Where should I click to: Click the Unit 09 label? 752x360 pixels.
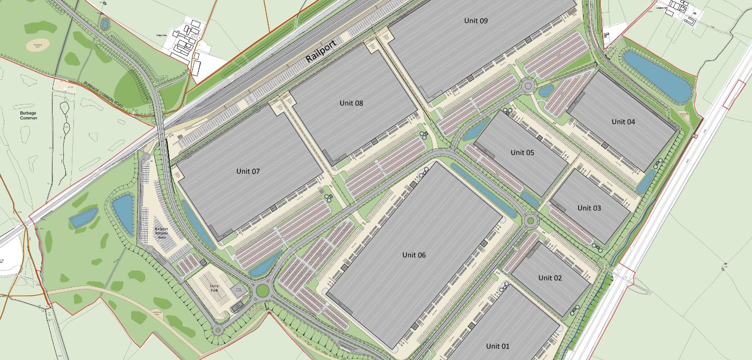pos(476,21)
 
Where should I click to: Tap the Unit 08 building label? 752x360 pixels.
pos(351,103)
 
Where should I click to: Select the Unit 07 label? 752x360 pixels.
pos(248,171)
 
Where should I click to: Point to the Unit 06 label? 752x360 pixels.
pos(414,255)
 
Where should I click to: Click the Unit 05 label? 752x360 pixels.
pos(522,153)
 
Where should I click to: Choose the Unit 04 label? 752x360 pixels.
pos(623,122)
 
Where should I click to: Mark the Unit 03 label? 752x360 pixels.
pos(589,208)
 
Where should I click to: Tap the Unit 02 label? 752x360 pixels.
pos(550,277)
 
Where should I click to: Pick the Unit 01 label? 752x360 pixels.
pos(498,346)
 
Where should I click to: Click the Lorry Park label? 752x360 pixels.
pos(213,289)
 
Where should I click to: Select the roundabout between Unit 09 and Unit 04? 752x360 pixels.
pos(529,86)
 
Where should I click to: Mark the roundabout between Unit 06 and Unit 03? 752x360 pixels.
pos(531,220)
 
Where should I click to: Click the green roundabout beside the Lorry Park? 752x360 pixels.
pos(262,290)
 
